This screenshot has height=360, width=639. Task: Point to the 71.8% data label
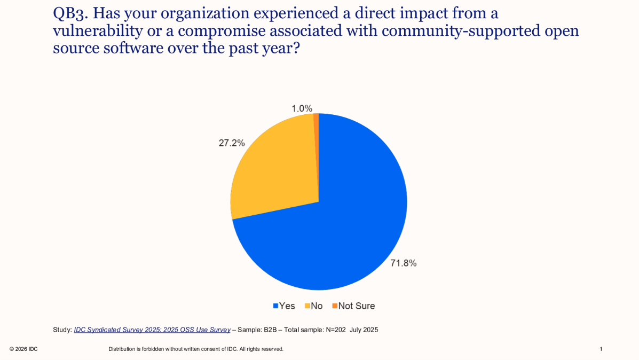click(403, 263)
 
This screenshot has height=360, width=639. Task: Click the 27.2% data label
click(232, 143)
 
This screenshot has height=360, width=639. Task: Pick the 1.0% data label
click(302, 108)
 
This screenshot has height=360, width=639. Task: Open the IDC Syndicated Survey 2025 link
click(152, 330)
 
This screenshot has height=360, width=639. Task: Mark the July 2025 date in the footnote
click(364, 330)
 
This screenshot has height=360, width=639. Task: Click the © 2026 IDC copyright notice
click(23, 349)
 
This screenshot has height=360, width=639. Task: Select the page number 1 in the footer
click(601, 349)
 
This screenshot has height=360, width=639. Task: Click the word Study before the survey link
click(62, 330)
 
